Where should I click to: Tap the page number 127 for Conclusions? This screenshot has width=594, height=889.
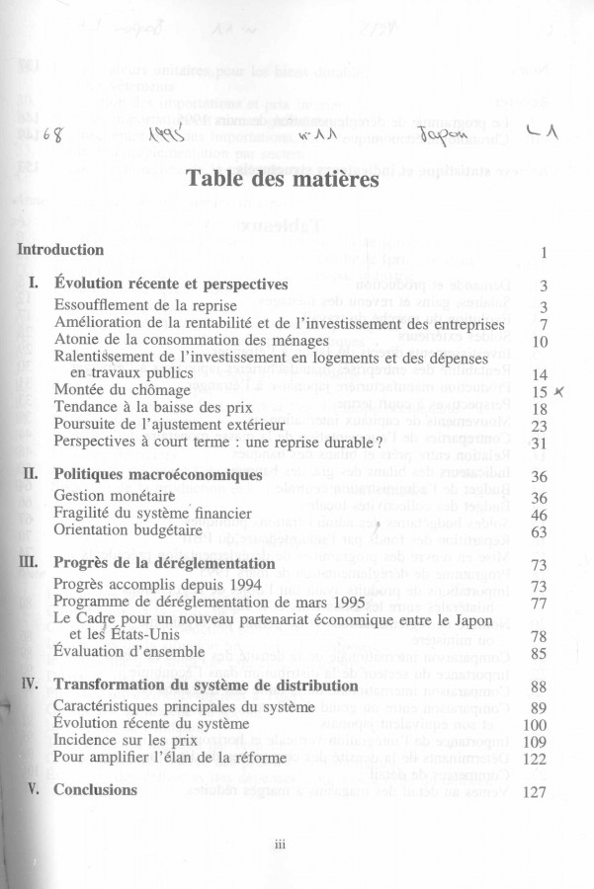(533, 792)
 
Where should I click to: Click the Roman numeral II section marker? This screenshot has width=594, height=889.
(30, 475)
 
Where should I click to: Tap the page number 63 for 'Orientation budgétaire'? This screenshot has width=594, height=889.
(539, 532)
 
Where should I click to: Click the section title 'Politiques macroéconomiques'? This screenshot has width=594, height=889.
(157, 475)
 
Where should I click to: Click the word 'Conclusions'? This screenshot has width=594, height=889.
(95, 790)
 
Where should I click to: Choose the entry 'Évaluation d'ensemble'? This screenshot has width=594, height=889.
(129, 653)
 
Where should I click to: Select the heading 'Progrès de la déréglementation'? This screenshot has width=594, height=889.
(162, 564)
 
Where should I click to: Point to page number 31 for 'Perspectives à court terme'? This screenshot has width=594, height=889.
(539, 443)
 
